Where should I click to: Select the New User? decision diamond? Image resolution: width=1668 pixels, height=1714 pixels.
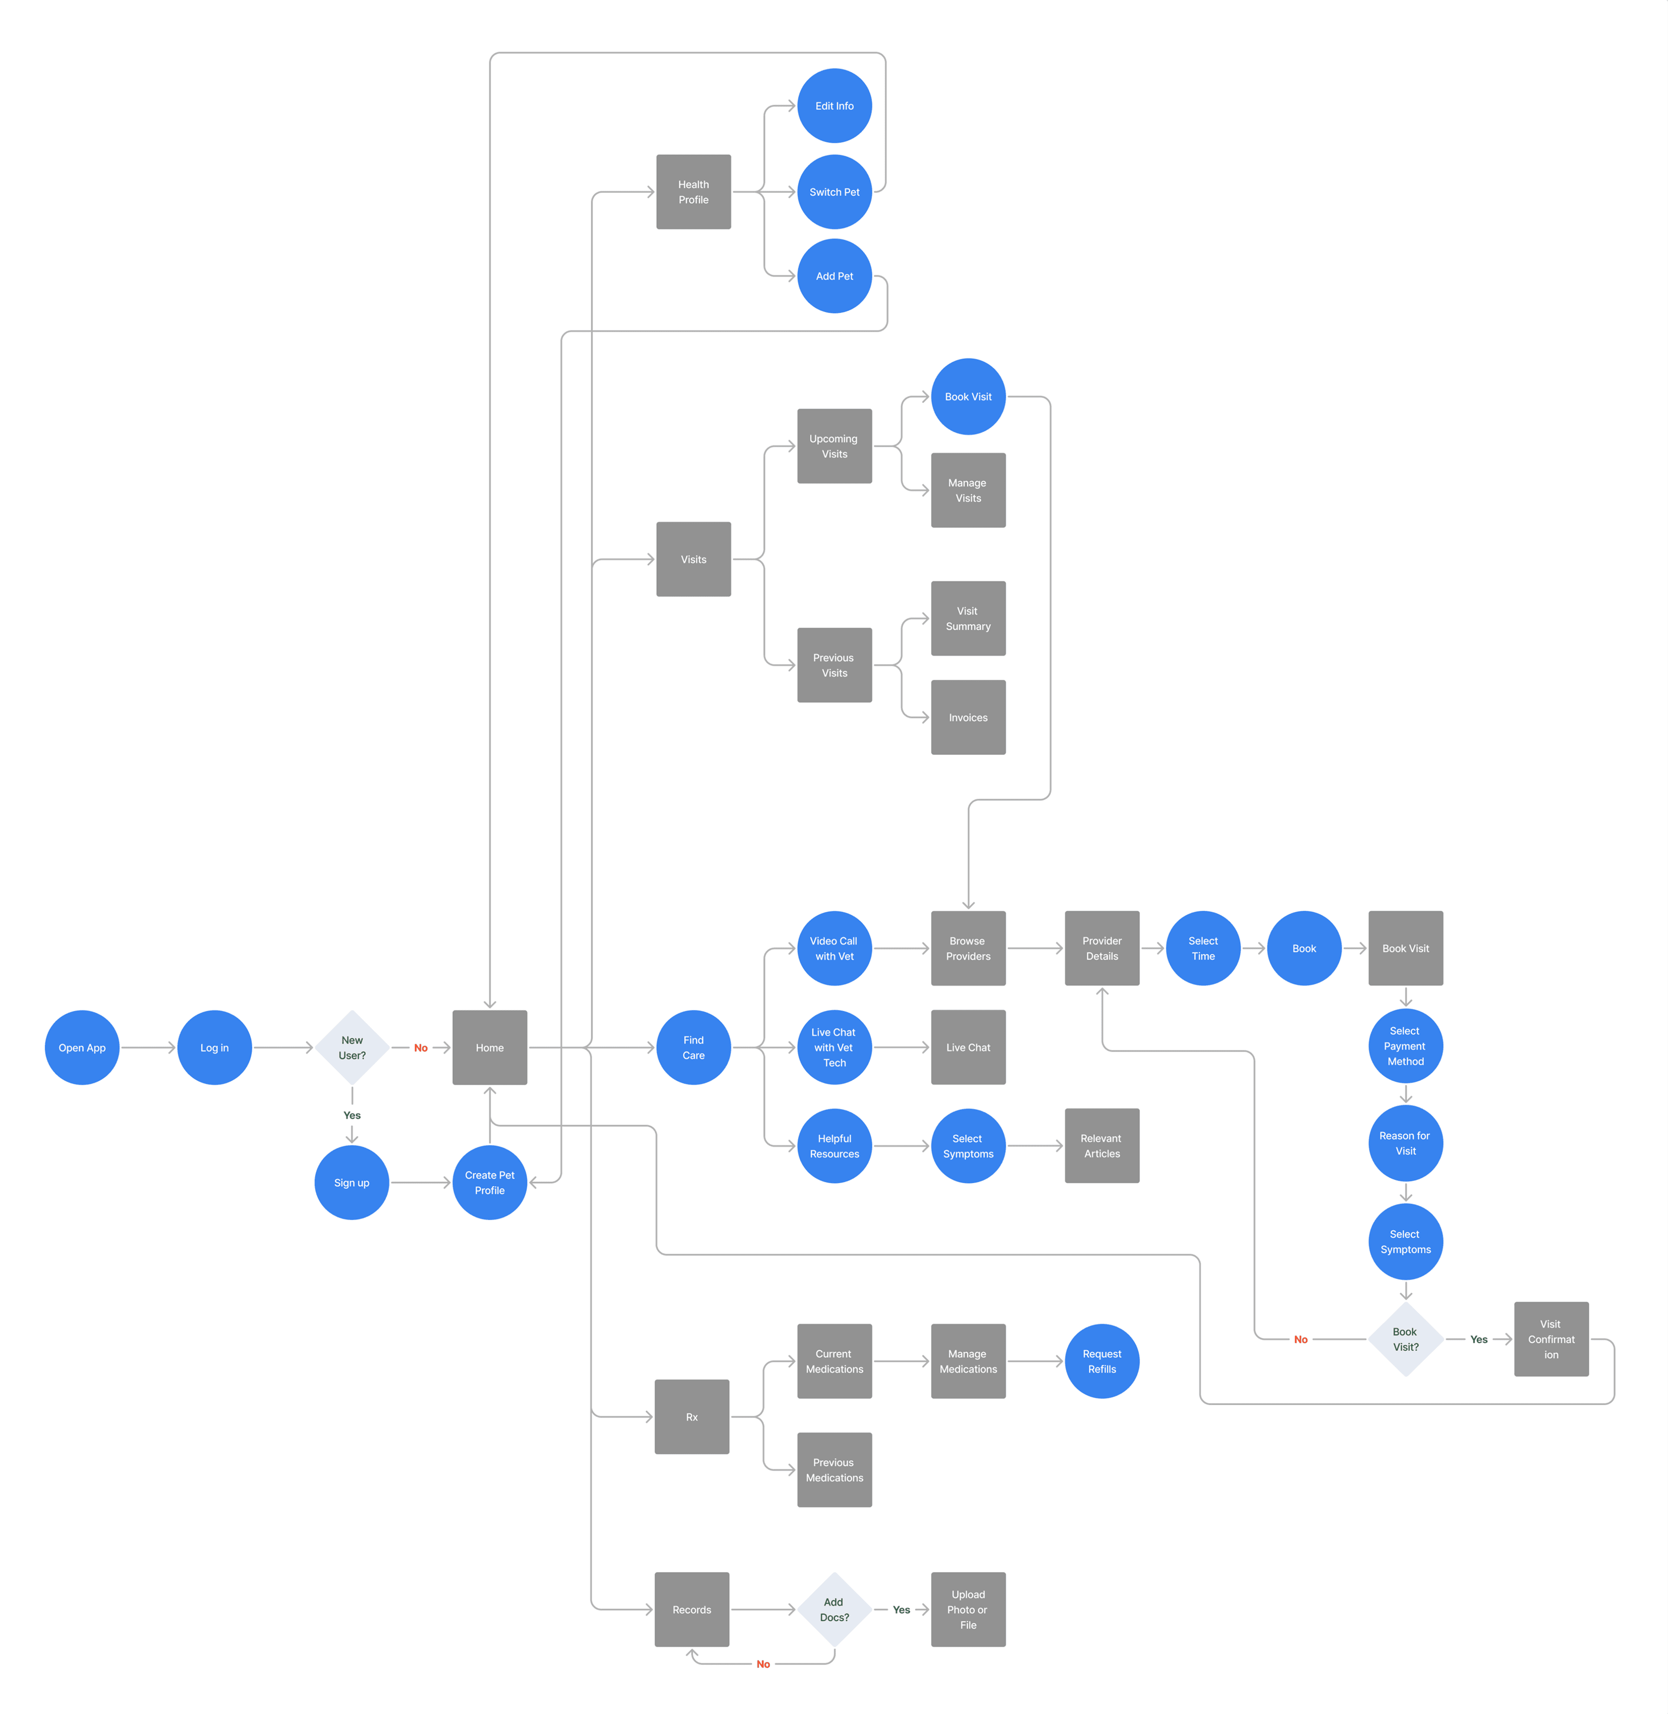[352, 1048]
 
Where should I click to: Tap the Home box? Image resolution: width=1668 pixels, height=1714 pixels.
[490, 1048]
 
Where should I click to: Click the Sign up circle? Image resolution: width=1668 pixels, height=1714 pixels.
[351, 1182]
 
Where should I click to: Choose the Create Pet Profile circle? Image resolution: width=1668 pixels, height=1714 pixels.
[490, 1182]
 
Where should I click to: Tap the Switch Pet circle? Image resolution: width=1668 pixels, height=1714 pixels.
[834, 192]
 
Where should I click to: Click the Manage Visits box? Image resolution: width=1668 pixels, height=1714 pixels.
[968, 490]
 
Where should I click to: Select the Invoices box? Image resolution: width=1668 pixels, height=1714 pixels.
[968, 717]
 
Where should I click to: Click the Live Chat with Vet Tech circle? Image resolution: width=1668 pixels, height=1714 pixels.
[834, 1048]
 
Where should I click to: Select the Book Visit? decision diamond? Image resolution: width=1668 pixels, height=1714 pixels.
[1405, 1339]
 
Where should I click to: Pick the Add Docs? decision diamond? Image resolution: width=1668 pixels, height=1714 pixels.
[834, 1610]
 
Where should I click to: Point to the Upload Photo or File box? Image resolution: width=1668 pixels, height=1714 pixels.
[968, 1610]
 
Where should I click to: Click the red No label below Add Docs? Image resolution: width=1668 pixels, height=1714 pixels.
[763, 1664]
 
